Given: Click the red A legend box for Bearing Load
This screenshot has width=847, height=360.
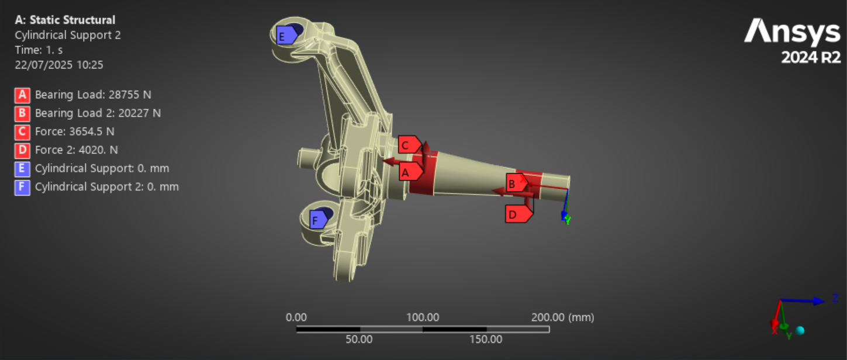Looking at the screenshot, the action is (22, 95).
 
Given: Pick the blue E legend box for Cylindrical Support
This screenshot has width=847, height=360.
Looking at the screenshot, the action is (22, 169).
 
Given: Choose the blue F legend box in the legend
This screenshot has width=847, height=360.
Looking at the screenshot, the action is (22, 188).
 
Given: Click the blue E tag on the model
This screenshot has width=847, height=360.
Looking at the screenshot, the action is (286, 36).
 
